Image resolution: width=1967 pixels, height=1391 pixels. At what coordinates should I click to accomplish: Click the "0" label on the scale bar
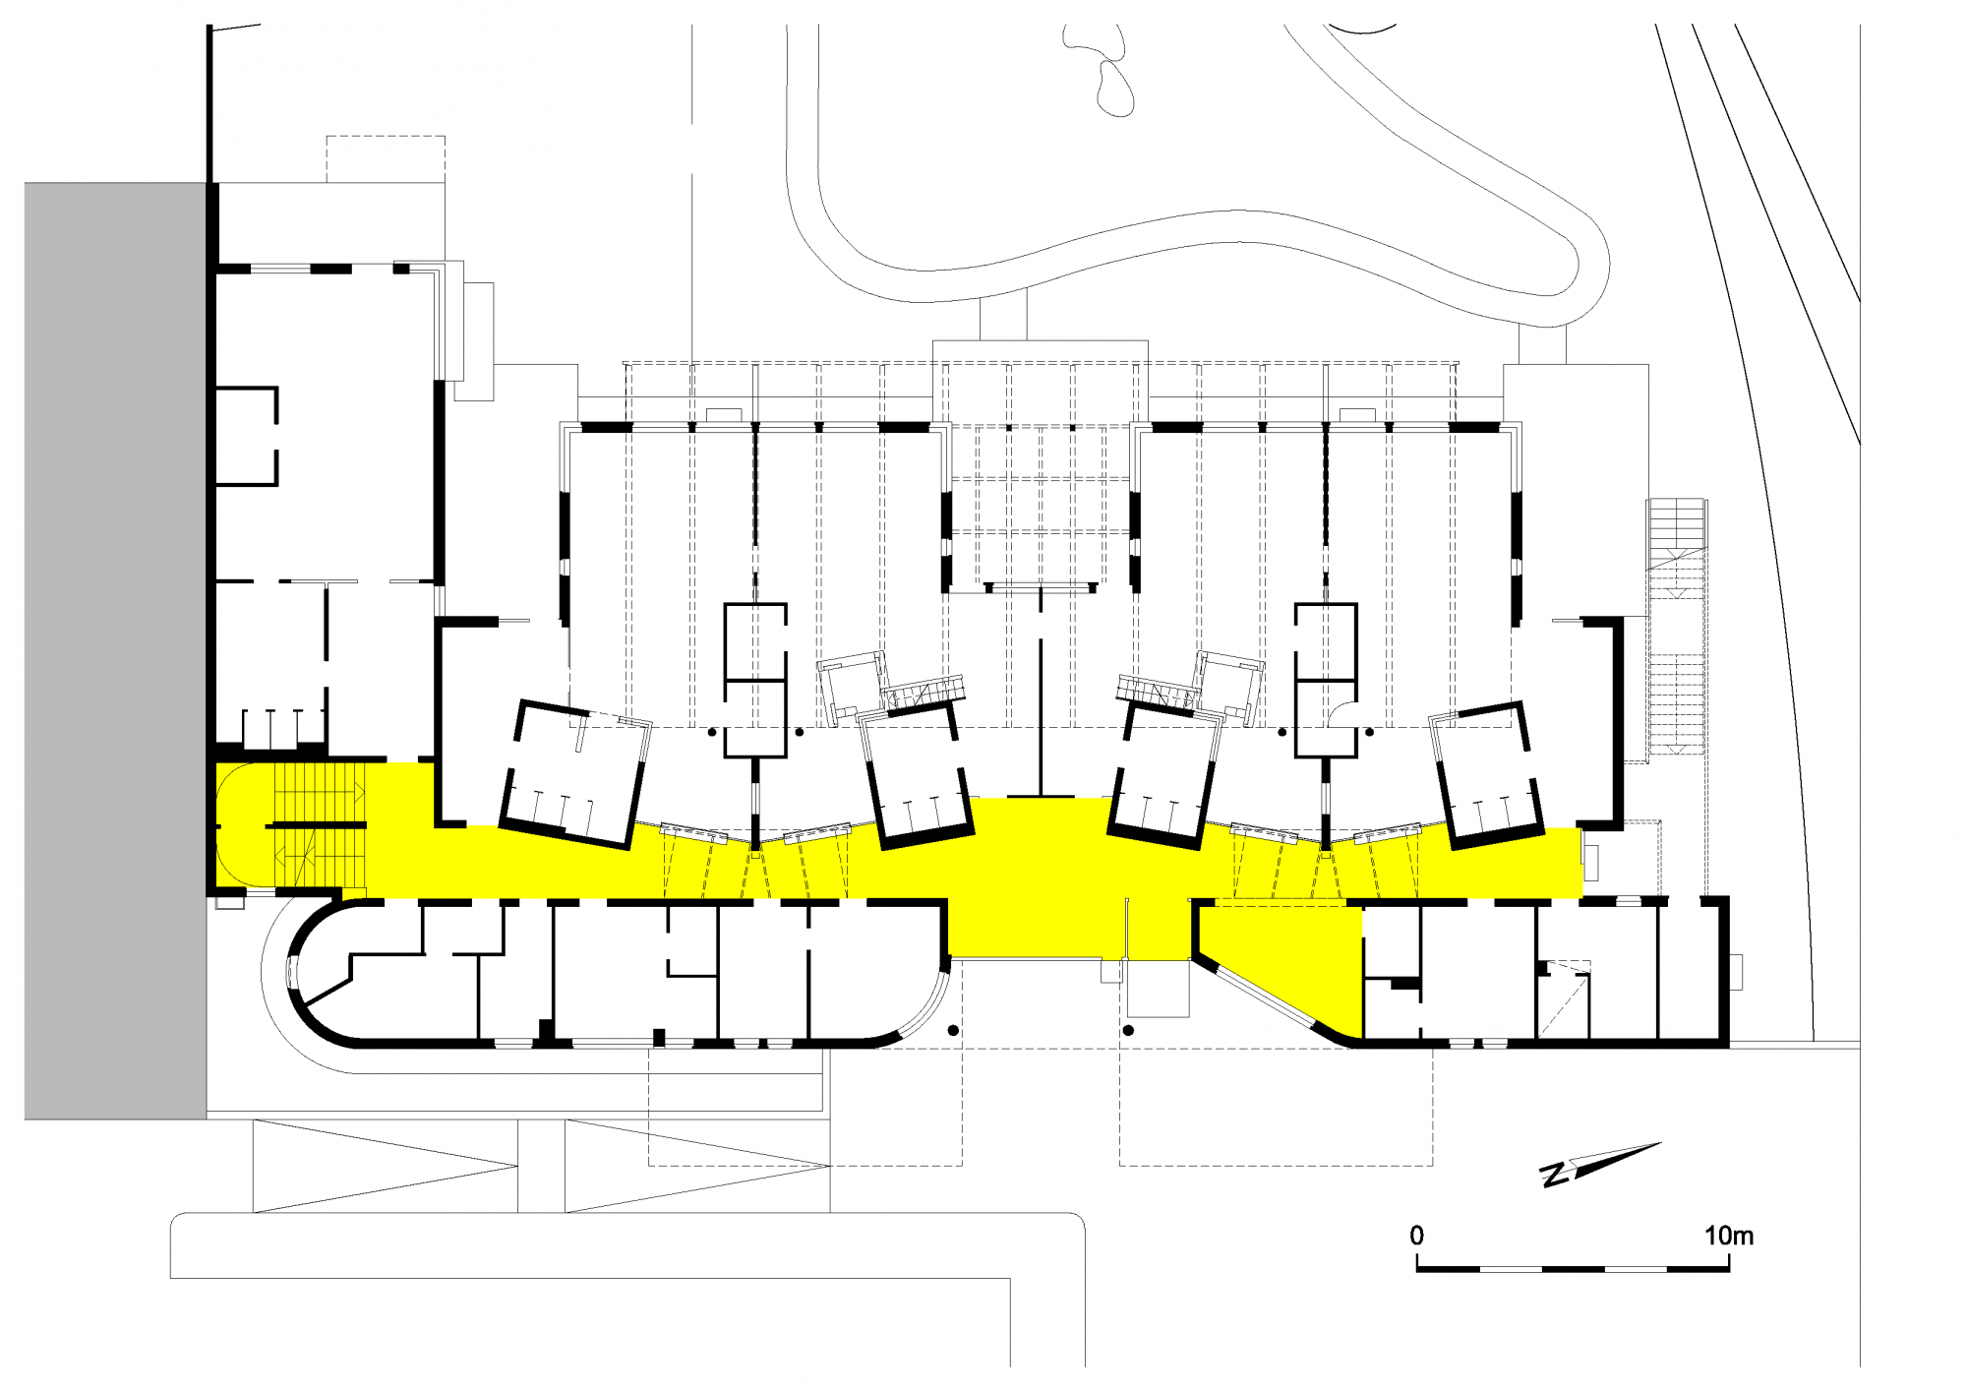click(x=1416, y=1236)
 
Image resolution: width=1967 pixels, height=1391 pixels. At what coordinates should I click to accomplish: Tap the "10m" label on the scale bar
click(x=1729, y=1236)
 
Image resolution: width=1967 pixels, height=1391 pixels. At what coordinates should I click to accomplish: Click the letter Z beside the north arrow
click(x=1554, y=1175)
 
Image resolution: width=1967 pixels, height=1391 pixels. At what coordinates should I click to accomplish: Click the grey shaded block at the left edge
click(x=115, y=650)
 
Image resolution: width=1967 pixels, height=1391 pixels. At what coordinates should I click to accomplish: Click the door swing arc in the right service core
click(x=1341, y=714)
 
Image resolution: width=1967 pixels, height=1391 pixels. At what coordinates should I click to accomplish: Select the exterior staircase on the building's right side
click(x=1678, y=630)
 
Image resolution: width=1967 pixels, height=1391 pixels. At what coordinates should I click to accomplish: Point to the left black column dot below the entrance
click(x=952, y=1030)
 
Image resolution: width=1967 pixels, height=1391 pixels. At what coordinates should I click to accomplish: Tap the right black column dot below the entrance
click(x=1128, y=1030)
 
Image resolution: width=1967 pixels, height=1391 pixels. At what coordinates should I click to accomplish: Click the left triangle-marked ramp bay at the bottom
click(x=386, y=1166)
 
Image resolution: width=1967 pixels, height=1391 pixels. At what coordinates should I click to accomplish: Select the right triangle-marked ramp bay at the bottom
click(x=697, y=1166)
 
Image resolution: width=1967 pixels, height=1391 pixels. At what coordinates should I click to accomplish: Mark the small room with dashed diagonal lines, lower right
click(x=1564, y=998)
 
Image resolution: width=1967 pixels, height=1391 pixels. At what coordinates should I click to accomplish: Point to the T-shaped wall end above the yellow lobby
click(x=1041, y=795)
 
